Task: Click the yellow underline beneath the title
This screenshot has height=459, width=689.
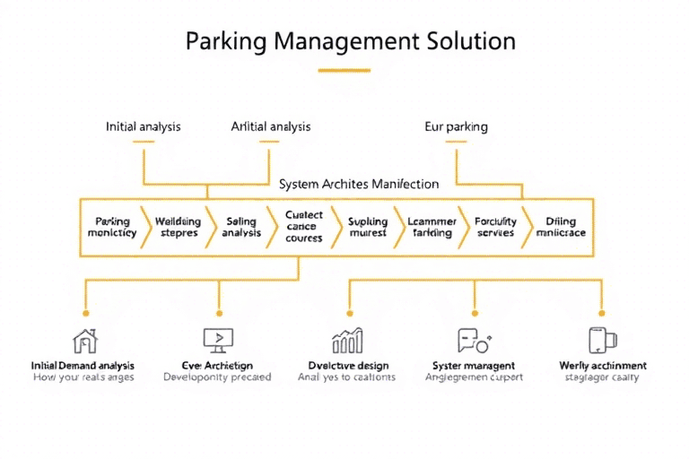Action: [x=344, y=70]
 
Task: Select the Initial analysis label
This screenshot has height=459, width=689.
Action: [x=143, y=126]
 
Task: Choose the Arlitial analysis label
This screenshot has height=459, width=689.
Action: [x=271, y=126]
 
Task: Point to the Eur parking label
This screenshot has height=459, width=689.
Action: [x=456, y=126]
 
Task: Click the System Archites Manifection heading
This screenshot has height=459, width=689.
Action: [x=359, y=184]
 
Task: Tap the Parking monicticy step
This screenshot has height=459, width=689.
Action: [x=112, y=227]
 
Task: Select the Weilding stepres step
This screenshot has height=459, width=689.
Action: [x=178, y=227]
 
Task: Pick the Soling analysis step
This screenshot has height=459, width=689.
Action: [x=240, y=227]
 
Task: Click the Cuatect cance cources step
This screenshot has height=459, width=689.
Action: [x=303, y=227]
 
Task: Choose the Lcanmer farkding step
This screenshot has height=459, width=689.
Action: [x=432, y=227]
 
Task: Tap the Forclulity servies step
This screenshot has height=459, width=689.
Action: [x=495, y=227]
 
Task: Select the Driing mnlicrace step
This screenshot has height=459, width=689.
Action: [x=560, y=227]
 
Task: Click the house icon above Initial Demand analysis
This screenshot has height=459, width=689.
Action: [x=84, y=340]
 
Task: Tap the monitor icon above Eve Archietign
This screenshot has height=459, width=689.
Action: [x=216, y=340]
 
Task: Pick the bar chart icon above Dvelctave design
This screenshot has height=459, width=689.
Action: [x=347, y=340]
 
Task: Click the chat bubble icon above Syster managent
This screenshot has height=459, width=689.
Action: [x=472, y=340]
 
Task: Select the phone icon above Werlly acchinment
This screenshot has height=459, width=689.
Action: [x=601, y=340]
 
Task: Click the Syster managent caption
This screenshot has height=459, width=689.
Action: [x=473, y=366]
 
